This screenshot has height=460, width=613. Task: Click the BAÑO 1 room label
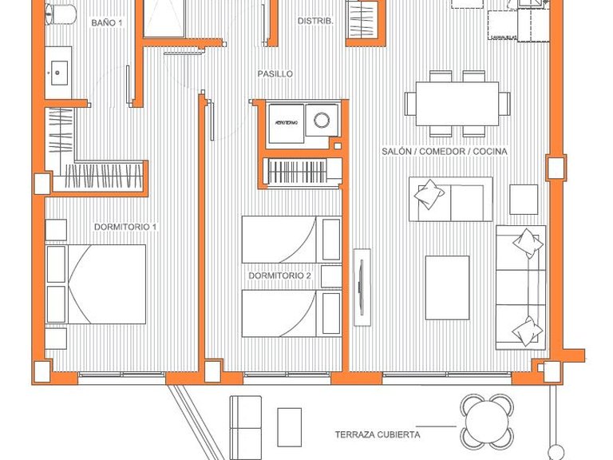coord(107,23)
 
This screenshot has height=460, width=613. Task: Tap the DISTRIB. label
coord(315,22)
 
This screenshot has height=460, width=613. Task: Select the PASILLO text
coord(275,73)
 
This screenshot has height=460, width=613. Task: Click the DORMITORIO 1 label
coord(125,227)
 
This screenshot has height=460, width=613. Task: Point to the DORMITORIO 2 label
coord(279,276)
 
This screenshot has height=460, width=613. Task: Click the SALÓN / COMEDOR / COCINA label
coord(445,151)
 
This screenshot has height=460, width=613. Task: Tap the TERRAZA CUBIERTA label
coord(378,435)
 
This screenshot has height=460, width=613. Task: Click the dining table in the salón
coord(457,103)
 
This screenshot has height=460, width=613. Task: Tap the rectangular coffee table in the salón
coord(447,287)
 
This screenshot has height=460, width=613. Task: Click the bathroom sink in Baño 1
coord(58,73)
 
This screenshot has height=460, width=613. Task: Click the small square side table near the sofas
coord(524,199)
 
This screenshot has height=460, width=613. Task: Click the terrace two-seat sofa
coord(246,422)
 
